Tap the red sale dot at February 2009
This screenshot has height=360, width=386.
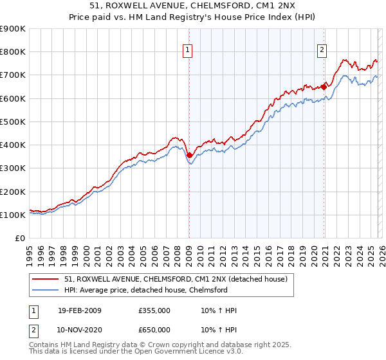189,155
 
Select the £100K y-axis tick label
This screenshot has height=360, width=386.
13,215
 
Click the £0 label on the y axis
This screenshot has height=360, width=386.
20,239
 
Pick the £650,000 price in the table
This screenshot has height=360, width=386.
154,329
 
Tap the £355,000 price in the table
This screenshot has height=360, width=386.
154,310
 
